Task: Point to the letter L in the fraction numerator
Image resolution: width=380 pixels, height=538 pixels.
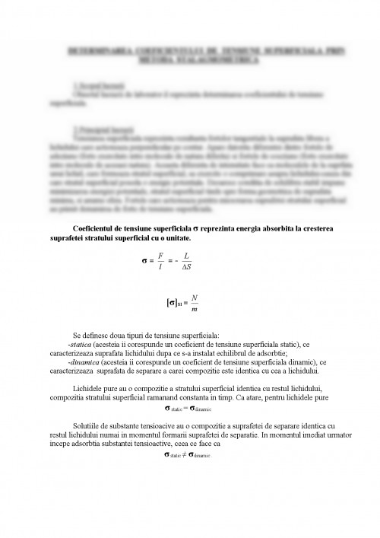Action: coord(187,258)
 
